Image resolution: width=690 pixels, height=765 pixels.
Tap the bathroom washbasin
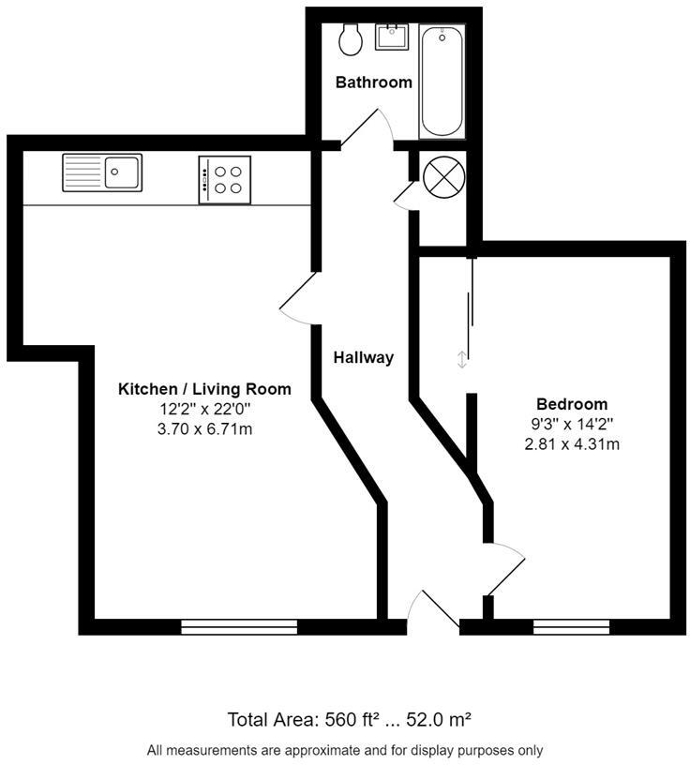click(390, 37)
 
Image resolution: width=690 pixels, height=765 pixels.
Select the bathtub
click(442, 82)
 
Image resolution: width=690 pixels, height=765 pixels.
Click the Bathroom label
click(374, 82)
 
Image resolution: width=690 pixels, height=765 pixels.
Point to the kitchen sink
click(102, 172)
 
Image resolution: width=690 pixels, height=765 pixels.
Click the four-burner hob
click(225, 179)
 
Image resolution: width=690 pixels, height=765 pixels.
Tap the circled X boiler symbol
click(439, 175)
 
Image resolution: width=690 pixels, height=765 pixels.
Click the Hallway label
click(364, 357)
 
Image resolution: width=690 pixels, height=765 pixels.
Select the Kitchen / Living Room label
click(204, 389)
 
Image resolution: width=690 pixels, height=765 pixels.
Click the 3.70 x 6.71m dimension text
click(204, 429)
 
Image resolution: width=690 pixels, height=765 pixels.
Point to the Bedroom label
click(571, 404)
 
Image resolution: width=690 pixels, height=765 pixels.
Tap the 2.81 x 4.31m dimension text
click(571, 443)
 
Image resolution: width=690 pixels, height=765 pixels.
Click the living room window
click(238, 626)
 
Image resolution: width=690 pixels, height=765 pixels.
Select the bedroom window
click(571, 626)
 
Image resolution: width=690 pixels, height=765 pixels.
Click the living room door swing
click(299, 299)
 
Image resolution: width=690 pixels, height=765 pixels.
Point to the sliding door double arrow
click(461, 359)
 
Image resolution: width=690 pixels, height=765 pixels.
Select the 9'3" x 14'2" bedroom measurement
click(571, 424)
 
